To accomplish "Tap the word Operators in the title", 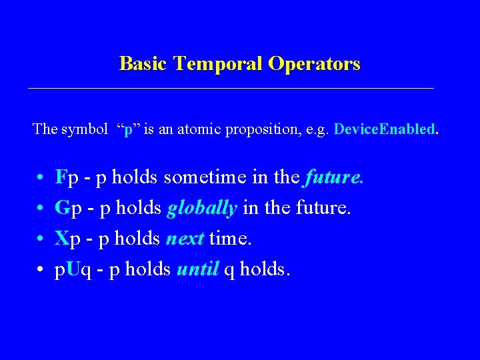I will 314,64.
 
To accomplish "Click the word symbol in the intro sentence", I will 84,129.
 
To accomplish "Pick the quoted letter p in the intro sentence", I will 128,129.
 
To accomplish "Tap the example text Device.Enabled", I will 385,129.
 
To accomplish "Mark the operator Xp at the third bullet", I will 69,239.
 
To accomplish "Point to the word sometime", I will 197,178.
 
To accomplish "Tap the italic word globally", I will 202,209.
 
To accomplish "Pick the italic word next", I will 185,239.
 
